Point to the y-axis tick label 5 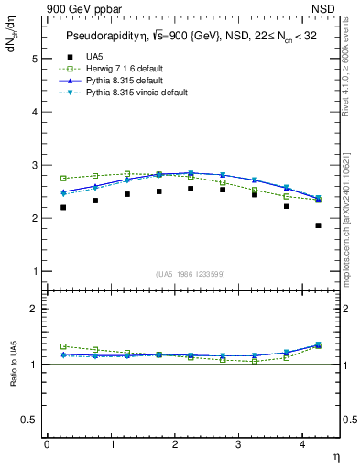click(34, 58)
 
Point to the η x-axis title click(335, 455)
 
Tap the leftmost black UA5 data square click(63, 207)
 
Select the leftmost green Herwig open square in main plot click(63, 178)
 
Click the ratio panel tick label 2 click(34, 309)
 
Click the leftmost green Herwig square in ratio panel click(63, 346)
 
